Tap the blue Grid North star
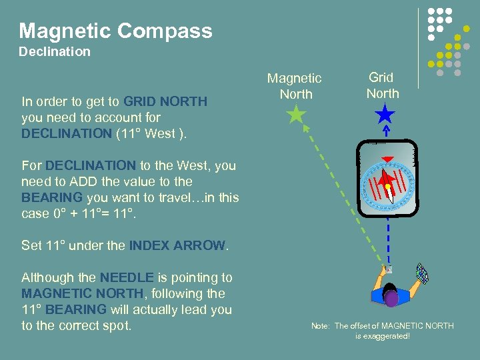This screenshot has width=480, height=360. click(x=385, y=115)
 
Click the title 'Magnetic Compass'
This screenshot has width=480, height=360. click(x=115, y=31)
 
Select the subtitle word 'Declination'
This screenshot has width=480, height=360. click(x=55, y=52)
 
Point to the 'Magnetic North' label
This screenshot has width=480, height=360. click(x=295, y=86)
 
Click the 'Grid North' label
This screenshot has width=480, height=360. click(x=383, y=85)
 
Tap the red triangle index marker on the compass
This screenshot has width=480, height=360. click(x=385, y=159)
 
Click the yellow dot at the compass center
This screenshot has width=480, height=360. click(x=389, y=187)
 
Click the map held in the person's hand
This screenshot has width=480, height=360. click(x=422, y=273)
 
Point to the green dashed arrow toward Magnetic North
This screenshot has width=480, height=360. click(x=340, y=193)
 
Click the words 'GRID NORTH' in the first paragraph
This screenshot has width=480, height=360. click(x=165, y=102)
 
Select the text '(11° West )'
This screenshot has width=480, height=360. click(x=151, y=133)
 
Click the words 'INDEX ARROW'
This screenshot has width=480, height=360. click(x=177, y=245)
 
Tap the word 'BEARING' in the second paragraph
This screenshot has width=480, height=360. click(x=52, y=197)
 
